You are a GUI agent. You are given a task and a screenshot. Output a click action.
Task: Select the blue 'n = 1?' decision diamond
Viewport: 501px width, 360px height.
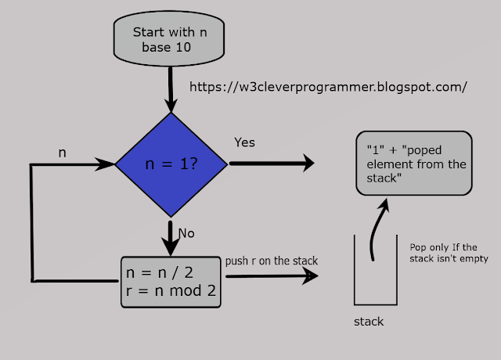click(x=171, y=165)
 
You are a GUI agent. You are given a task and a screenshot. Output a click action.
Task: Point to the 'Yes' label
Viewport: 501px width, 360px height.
click(x=245, y=142)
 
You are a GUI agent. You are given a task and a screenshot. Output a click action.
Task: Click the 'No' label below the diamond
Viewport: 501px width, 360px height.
click(x=186, y=232)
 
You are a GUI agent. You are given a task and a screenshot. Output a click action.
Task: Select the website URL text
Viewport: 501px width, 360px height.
click(x=329, y=87)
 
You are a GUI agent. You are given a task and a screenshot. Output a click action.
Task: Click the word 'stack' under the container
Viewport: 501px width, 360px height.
click(x=369, y=321)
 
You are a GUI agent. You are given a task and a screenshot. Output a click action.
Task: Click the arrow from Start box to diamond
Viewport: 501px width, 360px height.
click(x=170, y=90)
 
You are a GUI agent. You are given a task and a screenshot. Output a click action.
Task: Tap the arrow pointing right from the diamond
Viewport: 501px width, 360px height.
click(x=270, y=164)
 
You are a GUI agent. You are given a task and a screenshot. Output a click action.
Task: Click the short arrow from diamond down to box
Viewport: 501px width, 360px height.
click(x=170, y=236)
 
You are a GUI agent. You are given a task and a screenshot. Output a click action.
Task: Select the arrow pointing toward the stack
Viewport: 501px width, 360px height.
click(x=270, y=276)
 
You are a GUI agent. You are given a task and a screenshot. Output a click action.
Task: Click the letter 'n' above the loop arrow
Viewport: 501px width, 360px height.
click(x=63, y=153)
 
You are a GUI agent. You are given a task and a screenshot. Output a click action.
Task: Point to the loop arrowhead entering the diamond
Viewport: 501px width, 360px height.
click(x=106, y=165)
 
